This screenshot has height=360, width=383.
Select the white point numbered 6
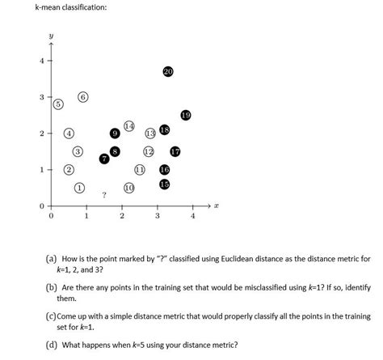(x=83, y=97)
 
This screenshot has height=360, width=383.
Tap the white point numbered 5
(x=57, y=104)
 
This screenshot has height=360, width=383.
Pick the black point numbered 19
(x=186, y=115)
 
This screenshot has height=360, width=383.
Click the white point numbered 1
(x=79, y=188)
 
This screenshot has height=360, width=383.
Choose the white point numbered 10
(x=128, y=188)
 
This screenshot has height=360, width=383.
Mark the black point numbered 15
(x=165, y=184)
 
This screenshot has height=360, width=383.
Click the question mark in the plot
(x=103, y=195)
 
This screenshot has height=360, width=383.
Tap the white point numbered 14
(x=129, y=127)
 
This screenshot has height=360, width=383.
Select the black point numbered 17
(x=175, y=151)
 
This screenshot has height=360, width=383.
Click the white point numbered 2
(x=69, y=170)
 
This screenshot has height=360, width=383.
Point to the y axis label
(x=50, y=36)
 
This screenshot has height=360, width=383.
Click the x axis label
(x=217, y=207)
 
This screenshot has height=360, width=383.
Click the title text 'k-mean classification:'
(x=70, y=8)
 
